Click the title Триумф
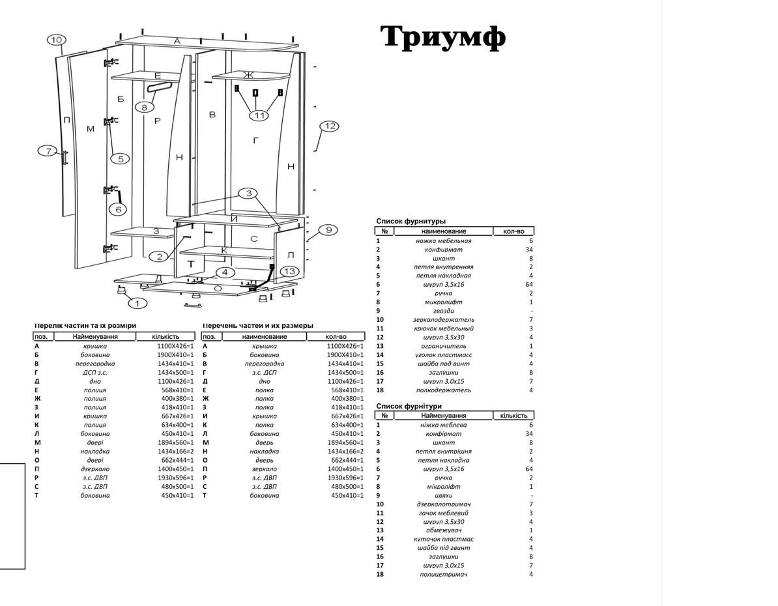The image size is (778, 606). [443, 37]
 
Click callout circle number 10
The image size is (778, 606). [57, 40]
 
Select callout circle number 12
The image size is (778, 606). [330, 126]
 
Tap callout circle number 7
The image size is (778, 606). [48, 151]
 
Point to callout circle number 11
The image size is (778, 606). [259, 115]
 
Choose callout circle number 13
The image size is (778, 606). [289, 271]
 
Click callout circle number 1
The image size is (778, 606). [137, 302]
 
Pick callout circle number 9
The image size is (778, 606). [329, 229]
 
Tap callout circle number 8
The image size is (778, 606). [145, 106]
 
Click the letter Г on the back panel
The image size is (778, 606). [255, 139]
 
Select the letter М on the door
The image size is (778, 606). [90, 128]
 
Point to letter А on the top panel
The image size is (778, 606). [177, 41]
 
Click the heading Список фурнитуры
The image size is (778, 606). [411, 222]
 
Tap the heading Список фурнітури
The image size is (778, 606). [409, 406]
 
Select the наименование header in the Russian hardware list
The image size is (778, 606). [444, 231]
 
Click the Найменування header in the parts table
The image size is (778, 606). [95, 336]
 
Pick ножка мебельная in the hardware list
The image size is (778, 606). [443, 240]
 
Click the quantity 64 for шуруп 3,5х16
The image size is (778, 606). [528, 284]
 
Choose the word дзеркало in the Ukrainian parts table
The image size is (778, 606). [95, 469]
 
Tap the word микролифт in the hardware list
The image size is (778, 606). [443, 302]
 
